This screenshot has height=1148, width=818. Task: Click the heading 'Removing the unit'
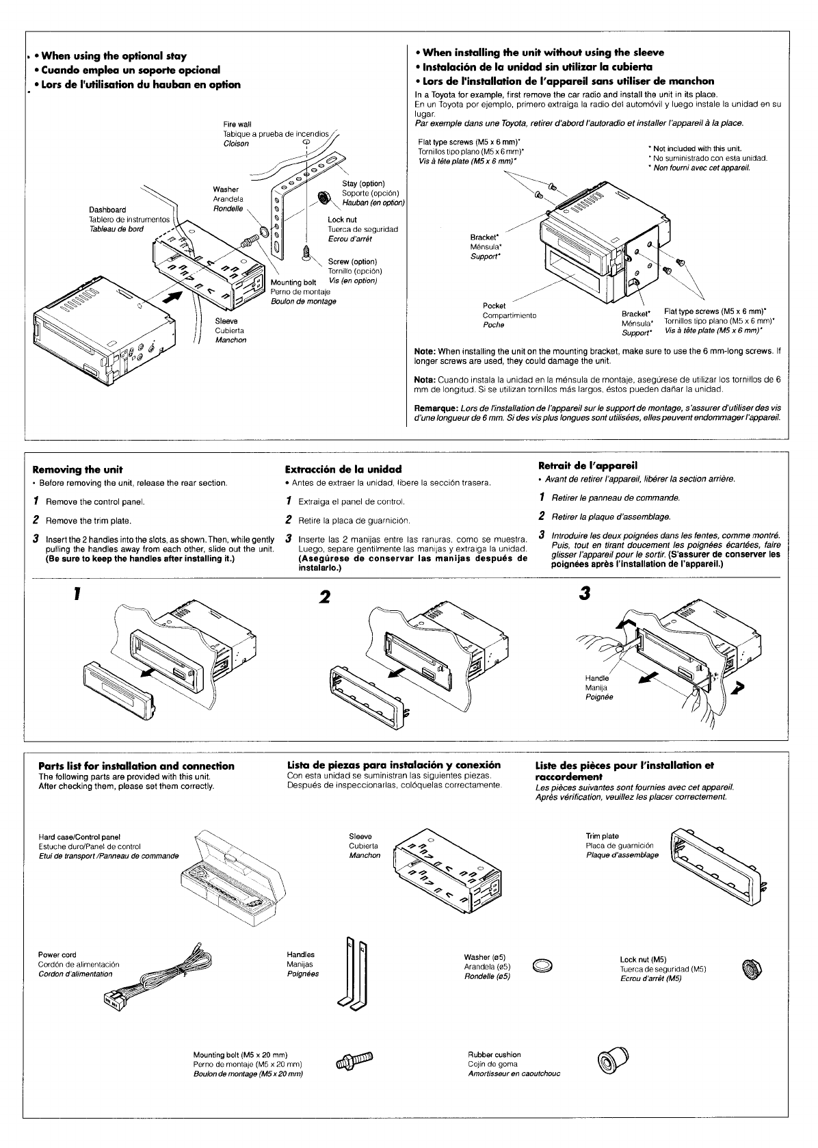(x=77, y=469)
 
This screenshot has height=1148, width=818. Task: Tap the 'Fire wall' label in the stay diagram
(x=237, y=125)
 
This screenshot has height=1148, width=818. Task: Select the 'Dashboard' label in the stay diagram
(x=107, y=209)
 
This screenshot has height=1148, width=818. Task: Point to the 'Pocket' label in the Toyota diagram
(x=494, y=306)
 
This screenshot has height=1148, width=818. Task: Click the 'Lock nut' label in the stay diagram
(x=342, y=220)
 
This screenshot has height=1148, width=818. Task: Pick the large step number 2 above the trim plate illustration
(x=324, y=597)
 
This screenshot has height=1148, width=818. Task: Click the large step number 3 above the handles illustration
(x=583, y=593)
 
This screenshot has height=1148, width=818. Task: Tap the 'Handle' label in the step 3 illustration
(x=596, y=678)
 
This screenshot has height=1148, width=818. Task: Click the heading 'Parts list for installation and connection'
(x=136, y=766)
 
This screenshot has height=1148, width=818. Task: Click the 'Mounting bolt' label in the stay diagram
(x=293, y=283)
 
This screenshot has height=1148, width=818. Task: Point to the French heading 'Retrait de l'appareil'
(x=588, y=466)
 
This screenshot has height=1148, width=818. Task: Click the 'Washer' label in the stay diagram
(x=226, y=190)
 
